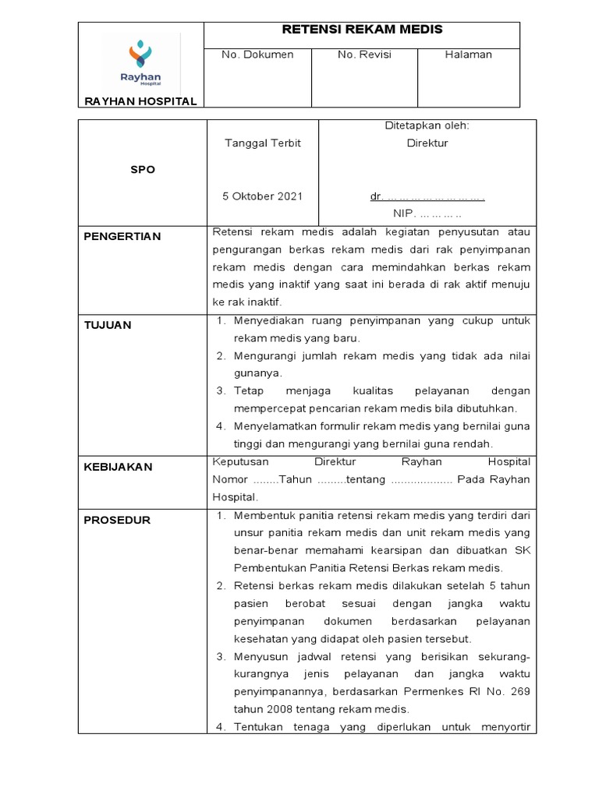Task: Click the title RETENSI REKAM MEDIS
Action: (x=361, y=30)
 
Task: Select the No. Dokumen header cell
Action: (x=257, y=55)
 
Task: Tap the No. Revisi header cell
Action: (x=364, y=55)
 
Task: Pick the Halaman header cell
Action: (x=468, y=55)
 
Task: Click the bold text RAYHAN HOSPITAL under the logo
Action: (x=140, y=101)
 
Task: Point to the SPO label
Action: (x=142, y=170)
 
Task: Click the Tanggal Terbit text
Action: (x=263, y=143)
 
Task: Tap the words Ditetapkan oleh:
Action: (x=427, y=125)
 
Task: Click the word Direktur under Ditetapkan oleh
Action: (x=427, y=143)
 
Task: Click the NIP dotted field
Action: (x=427, y=213)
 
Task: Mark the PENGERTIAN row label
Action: (x=122, y=236)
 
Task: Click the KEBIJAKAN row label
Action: (x=118, y=467)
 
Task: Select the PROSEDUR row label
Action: (x=117, y=520)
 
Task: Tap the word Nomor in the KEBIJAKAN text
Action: (x=229, y=479)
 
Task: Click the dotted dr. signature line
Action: (x=427, y=197)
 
